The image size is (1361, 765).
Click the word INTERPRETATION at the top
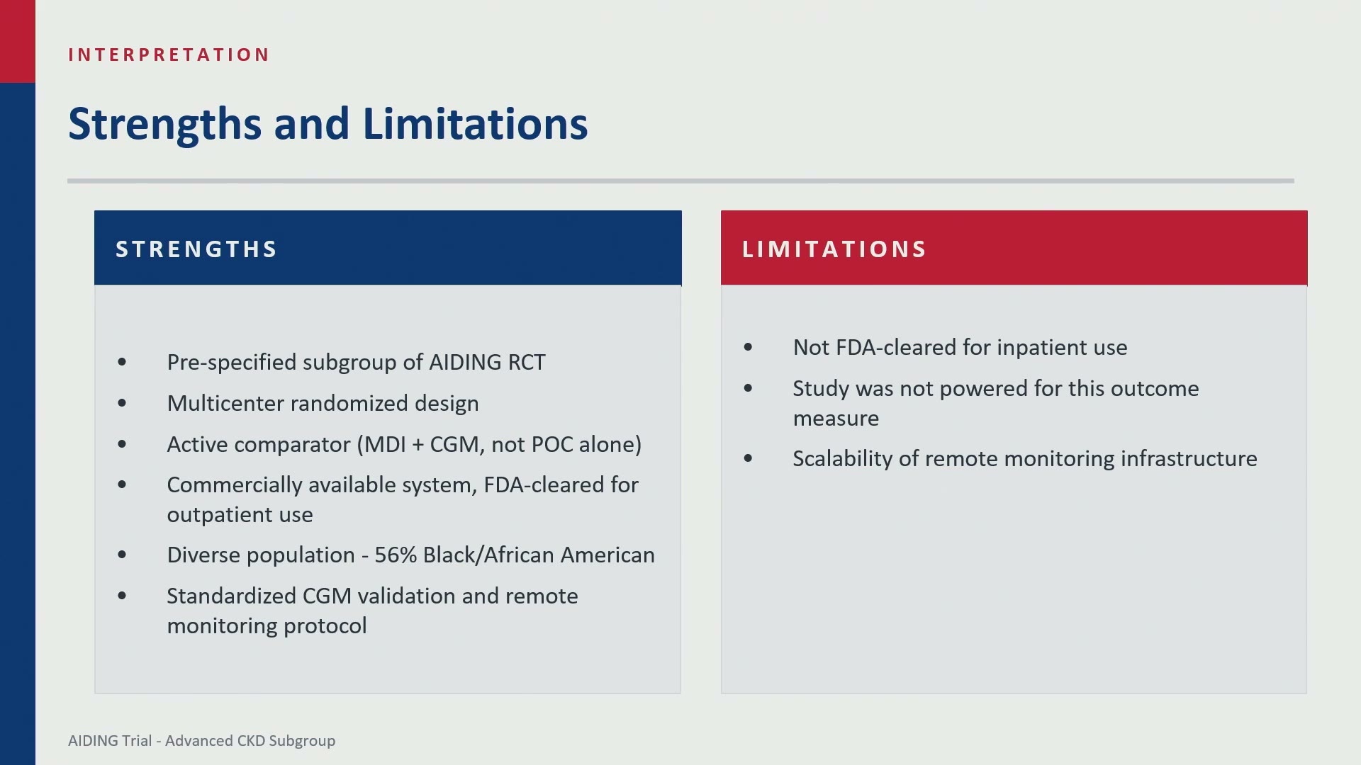coord(169,55)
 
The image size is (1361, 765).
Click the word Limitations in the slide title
coord(475,123)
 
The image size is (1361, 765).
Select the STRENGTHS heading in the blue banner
coord(196,249)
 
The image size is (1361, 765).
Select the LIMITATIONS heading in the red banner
coord(834,249)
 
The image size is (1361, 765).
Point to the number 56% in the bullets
coord(396,555)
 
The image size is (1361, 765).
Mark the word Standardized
coord(231,596)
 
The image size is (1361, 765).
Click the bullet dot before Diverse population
coord(122,555)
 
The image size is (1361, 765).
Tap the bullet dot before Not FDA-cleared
coord(748,347)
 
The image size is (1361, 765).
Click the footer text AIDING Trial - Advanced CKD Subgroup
coord(202,741)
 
